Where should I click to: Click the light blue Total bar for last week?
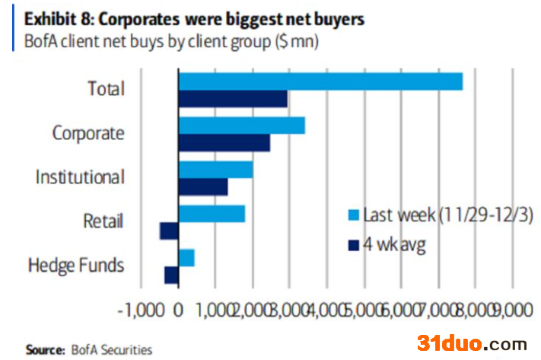pyautogui.click(x=320, y=81)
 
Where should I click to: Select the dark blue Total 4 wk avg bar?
pyautogui.click(x=233, y=99)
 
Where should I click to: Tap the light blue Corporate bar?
pyautogui.click(x=242, y=126)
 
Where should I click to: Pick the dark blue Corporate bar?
pyautogui.click(x=224, y=143)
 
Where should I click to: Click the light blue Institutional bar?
pyautogui.click(x=215, y=169)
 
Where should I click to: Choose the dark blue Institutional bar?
pyautogui.click(x=203, y=186)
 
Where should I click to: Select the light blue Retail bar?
pyautogui.click(x=212, y=213)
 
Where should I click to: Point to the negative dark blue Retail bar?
pyautogui.click(x=169, y=231)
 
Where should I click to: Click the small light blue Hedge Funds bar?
pyautogui.click(x=186, y=257)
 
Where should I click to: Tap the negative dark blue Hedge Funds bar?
pyautogui.click(x=171, y=275)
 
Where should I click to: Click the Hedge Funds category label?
pyautogui.click(x=76, y=266)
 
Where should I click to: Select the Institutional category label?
pyautogui.click(x=80, y=177)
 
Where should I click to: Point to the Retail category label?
pyautogui.click(x=103, y=221)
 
